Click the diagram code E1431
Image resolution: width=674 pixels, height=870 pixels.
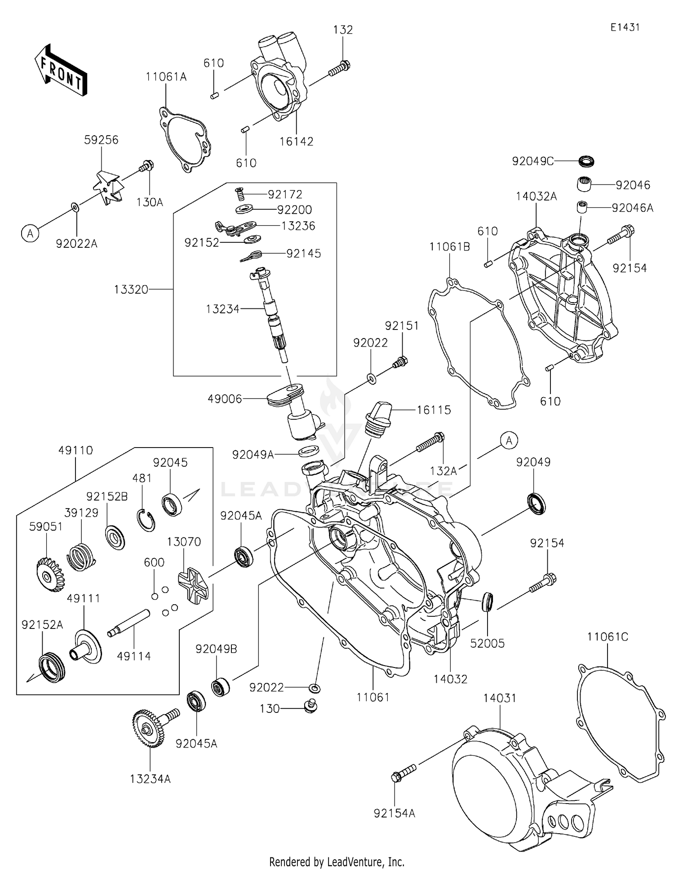click(625, 27)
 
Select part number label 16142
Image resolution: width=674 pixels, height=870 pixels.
click(296, 141)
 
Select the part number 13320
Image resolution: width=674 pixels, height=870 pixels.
click(131, 290)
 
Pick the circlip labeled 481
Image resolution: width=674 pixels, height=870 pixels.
click(146, 521)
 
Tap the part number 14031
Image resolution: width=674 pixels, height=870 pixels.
click(500, 698)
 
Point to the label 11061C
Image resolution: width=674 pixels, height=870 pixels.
click(607, 636)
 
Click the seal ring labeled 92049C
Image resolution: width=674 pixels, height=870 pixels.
click(586, 160)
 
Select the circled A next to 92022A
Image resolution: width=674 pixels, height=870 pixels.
click(30, 233)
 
